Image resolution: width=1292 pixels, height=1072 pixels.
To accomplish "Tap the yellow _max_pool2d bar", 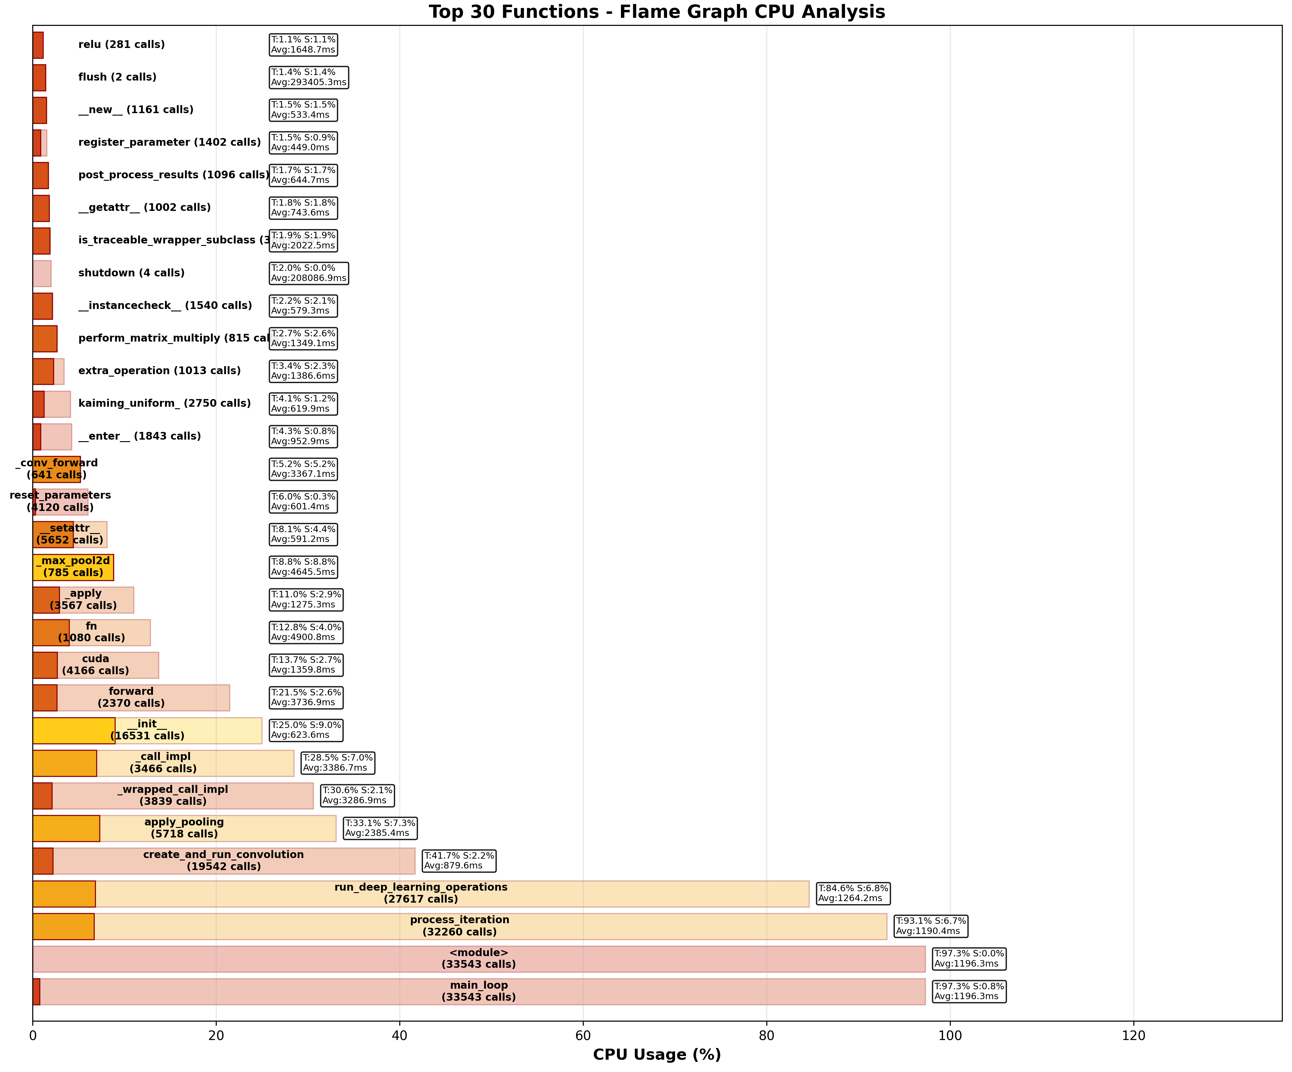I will pos(73,567).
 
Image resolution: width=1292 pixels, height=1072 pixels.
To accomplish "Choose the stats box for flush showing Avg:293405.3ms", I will pos(309,77).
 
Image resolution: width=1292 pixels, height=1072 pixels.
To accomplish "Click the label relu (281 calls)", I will pos(121,44).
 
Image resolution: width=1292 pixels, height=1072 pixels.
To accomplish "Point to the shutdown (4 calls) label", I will pos(131,273).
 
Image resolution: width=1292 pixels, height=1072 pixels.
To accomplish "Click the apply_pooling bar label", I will pos(184,828).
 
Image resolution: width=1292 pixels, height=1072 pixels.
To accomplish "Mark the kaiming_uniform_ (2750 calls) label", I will pos(164,403).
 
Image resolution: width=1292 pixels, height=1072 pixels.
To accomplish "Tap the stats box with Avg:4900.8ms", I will pos(306,632).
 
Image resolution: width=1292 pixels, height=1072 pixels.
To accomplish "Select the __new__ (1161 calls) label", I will pos(135,109).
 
